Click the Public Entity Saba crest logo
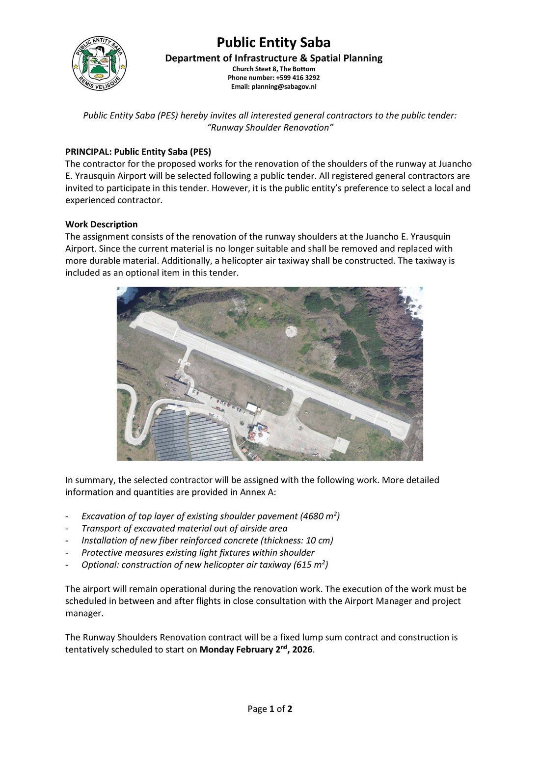click(x=99, y=64)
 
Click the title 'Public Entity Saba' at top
click(x=273, y=42)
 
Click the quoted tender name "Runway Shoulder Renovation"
click(x=270, y=128)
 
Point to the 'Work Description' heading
click(x=101, y=224)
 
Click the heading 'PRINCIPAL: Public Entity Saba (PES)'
click(x=138, y=152)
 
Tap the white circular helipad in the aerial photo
click(x=292, y=331)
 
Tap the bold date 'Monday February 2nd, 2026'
click(x=256, y=650)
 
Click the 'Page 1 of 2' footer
click(x=270, y=709)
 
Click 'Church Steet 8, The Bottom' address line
click(x=273, y=69)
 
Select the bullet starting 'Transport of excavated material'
click(x=184, y=528)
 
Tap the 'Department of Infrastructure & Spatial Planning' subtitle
click(x=273, y=58)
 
